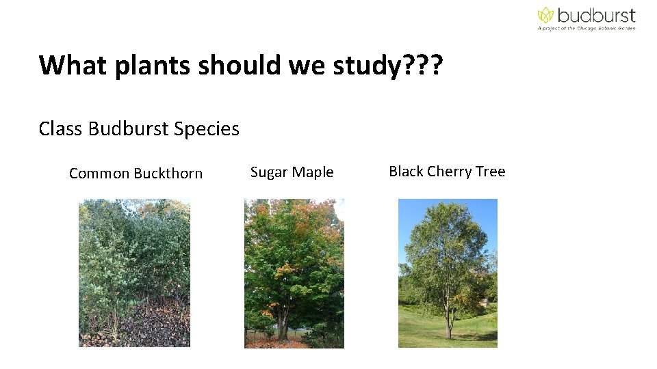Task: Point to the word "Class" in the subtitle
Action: pos(60,128)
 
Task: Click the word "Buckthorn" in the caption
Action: pos(168,174)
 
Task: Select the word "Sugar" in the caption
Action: pos(267,172)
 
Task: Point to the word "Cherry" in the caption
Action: pos(450,172)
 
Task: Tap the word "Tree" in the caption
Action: pos(491,172)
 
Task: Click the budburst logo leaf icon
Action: pos(545,15)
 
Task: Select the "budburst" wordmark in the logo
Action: pos(595,15)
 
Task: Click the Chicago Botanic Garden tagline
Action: pos(587,29)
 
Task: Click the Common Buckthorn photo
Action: pos(134,273)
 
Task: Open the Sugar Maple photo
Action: pos(294,273)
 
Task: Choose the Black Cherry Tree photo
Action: pos(448,273)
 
